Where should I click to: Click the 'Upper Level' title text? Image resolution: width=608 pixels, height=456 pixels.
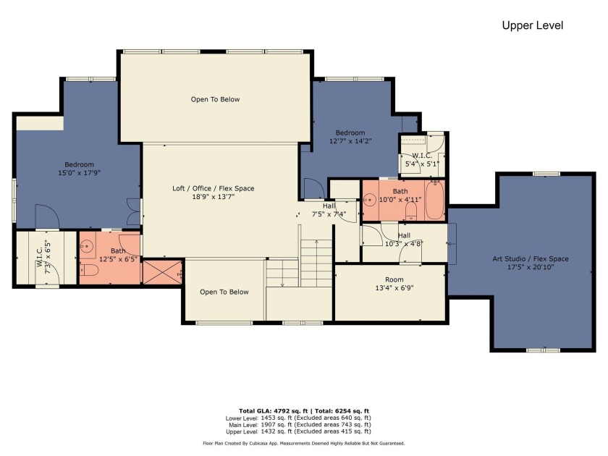click(x=533, y=25)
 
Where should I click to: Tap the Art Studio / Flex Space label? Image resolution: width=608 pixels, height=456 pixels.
click(x=531, y=263)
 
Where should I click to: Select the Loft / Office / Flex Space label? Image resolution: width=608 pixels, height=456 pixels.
click(x=214, y=193)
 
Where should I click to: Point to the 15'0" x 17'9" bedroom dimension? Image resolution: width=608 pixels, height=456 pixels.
click(x=79, y=173)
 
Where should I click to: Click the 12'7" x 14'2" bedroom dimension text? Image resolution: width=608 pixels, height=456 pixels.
click(x=350, y=141)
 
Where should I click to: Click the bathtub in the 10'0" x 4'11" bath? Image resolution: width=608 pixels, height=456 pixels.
click(x=435, y=200)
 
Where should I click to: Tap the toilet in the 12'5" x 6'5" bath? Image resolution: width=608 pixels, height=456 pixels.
click(x=89, y=270)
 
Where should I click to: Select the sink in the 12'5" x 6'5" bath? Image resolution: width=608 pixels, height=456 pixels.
click(x=86, y=245)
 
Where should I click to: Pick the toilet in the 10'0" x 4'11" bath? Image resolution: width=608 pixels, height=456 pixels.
click(x=410, y=211)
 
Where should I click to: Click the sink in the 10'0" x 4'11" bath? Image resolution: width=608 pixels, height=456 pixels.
click(x=370, y=200)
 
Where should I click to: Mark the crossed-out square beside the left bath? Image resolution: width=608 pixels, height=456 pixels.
click(x=162, y=273)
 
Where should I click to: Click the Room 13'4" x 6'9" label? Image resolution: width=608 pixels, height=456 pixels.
click(x=394, y=284)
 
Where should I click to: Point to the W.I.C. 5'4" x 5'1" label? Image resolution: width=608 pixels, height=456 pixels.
click(x=422, y=160)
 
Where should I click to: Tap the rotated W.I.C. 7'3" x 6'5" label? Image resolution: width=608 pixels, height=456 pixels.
click(x=44, y=257)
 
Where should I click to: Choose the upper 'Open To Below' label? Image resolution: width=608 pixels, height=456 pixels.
click(x=215, y=99)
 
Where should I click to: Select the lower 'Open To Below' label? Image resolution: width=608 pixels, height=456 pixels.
click(x=224, y=292)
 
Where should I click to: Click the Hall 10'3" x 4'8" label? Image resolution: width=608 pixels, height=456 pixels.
click(x=404, y=240)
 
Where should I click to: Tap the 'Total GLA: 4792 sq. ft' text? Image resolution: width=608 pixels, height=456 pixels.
click(x=273, y=411)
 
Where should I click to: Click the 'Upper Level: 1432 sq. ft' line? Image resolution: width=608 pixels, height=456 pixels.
click(x=298, y=431)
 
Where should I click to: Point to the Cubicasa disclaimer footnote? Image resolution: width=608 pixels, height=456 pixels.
click(x=303, y=443)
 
